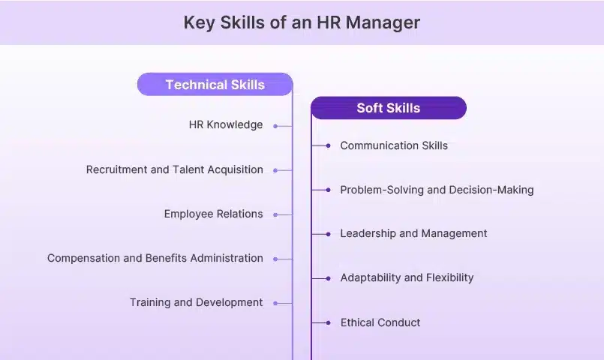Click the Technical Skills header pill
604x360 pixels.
pyautogui.click(x=215, y=84)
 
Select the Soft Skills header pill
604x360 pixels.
pyautogui.click(x=389, y=108)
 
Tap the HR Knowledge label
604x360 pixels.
pyautogui.click(x=226, y=124)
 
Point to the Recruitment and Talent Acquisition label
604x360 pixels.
pyautogui.click(x=175, y=169)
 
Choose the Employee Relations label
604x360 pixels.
pyautogui.click(x=213, y=214)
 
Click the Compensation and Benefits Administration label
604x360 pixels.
pyautogui.click(x=155, y=258)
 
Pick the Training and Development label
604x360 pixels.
pyautogui.click(x=196, y=303)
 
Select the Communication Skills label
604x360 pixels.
pyautogui.click(x=394, y=145)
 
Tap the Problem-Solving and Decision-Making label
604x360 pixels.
pyautogui.click(x=437, y=190)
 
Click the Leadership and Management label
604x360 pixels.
pyautogui.click(x=413, y=233)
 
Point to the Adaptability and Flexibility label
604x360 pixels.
pyautogui.click(x=407, y=277)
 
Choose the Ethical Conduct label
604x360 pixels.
pyautogui.click(x=380, y=322)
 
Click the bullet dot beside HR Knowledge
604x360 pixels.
pyautogui.click(x=275, y=126)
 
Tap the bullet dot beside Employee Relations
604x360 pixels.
pyautogui.click(x=275, y=214)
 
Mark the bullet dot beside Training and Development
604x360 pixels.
pyautogui.click(x=275, y=304)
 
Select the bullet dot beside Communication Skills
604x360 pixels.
pyautogui.click(x=328, y=145)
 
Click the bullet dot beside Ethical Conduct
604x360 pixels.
pyautogui.click(x=328, y=322)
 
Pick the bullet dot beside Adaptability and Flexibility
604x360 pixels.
pyautogui.click(x=328, y=278)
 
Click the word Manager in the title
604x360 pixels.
pyautogui.click(x=383, y=23)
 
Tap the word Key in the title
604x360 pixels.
pyautogui.click(x=199, y=23)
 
